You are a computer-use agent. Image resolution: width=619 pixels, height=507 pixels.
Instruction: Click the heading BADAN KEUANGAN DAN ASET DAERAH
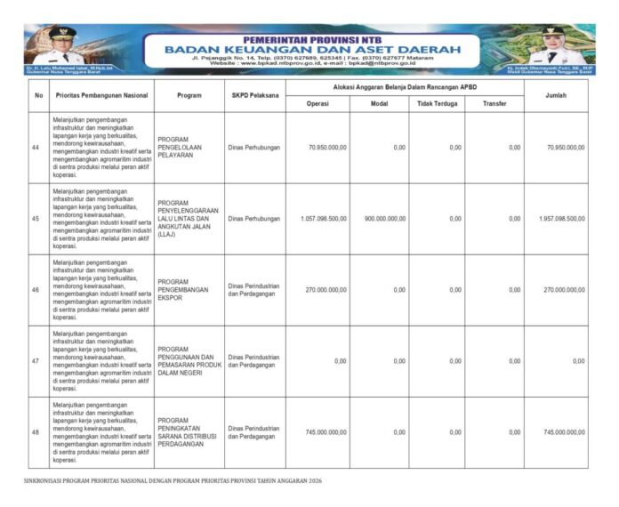click(312, 49)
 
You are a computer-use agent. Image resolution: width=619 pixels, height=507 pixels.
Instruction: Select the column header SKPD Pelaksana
click(254, 95)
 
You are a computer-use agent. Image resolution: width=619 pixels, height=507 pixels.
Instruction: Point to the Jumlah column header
click(555, 95)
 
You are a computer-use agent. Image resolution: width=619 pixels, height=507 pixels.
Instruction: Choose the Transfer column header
click(494, 103)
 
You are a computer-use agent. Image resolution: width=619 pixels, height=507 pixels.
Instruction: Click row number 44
click(36, 147)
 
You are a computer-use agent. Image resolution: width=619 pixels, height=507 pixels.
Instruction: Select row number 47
click(36, 361)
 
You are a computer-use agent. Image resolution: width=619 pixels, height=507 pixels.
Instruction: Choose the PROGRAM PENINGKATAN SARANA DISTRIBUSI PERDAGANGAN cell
click(184, 432)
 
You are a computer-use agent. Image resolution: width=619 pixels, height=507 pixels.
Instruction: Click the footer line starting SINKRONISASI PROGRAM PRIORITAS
click(172, 481)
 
